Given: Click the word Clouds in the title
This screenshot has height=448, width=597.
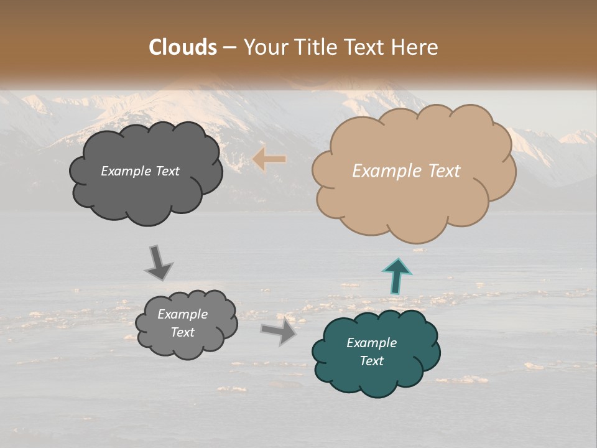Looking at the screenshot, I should click(183, 47).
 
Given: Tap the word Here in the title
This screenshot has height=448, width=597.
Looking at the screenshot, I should click(415, 47).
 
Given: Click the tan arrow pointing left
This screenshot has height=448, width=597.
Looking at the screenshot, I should click(269, 160).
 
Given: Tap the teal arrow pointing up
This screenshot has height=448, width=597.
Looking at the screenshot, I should click(397, 276).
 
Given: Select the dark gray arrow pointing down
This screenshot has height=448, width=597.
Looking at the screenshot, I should click(159, 263).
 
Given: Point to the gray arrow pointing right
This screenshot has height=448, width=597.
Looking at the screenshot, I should click(279, 332).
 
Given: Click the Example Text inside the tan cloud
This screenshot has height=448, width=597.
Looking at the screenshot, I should click(406, 171).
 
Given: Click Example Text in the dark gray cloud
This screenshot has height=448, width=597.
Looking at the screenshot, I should click(140, 171).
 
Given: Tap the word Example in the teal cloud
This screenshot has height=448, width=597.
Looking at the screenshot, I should click(371, 343).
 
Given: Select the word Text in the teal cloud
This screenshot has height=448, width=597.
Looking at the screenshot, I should click(371, 361).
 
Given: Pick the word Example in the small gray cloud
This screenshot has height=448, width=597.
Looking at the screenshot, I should click(182, 314).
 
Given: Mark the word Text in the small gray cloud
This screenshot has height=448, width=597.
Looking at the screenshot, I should click(182, 332).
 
